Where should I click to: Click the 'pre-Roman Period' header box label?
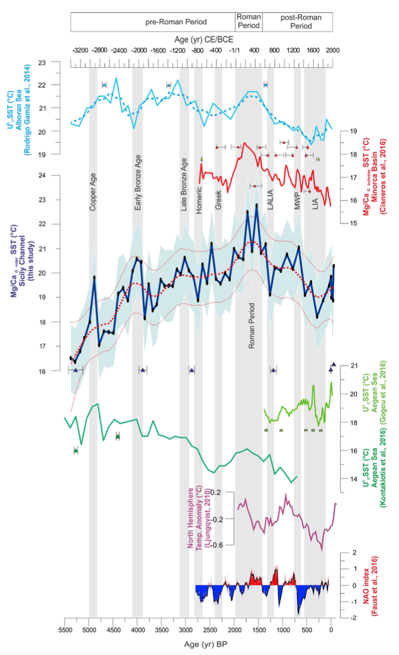point(176,22)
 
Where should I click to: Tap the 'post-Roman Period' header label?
point(298,22)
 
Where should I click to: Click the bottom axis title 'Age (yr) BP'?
point(198,644)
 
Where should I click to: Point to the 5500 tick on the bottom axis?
point(65,630)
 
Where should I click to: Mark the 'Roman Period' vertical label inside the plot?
point(252,326)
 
